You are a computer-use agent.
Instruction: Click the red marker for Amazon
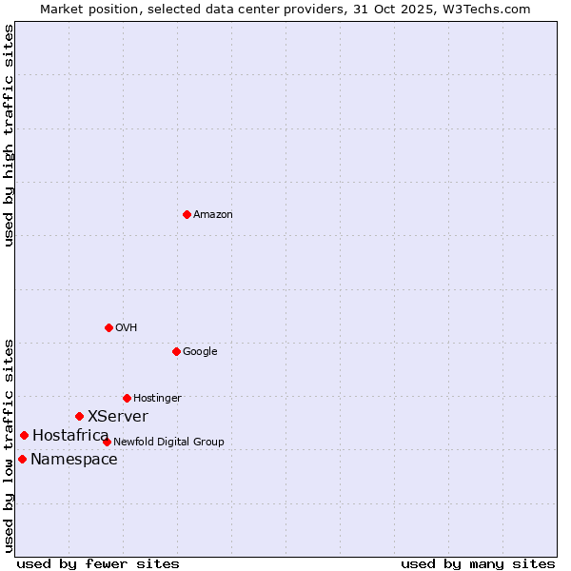click(x=187, y=214)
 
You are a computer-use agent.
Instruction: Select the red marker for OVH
click(x=108, y=327)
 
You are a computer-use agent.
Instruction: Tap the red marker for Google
click(x=176, y=351)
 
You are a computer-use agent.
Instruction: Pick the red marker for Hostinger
click(x=127, y=398)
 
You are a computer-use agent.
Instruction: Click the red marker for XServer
click(x=79, y=416)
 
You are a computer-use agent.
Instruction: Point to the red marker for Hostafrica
click(x=24, y=435)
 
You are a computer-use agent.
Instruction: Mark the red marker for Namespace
click(x=22, y=459)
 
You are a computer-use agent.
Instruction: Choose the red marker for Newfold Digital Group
click(x=107, y=442)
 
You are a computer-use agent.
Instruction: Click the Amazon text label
click(x=213, y=215)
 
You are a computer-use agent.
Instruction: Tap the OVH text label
click(x=127, y=328)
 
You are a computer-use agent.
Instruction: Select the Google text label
click(x=200, y=352)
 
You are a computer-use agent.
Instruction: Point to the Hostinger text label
click(x=157, y=399)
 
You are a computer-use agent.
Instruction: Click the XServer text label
click(x=118, y=417)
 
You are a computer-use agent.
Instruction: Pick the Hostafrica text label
click(x=70, y=436)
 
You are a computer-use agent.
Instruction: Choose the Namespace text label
click(x=74, y=460)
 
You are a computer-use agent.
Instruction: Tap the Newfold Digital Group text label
click(x=168, y=443)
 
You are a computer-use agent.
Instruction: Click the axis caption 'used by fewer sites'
click(x=98, y=563)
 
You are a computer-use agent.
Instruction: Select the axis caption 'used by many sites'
click(x=478, y=563)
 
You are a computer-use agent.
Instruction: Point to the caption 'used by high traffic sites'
click(x=10, y=135)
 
